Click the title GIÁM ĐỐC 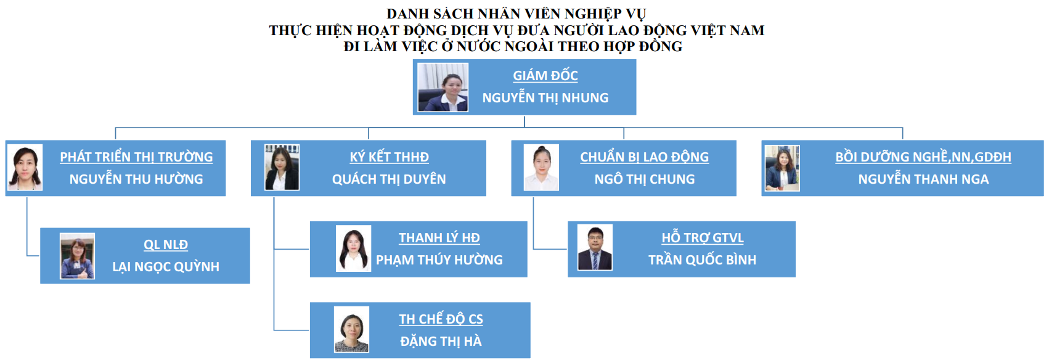pos(545,75)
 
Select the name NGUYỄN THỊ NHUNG pos(545,98)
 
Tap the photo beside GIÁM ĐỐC pos(443,87)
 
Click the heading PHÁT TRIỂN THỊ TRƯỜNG pos(136,157)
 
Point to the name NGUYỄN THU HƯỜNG pos(136,179)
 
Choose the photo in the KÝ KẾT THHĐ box pos(282,167)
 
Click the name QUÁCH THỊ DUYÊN pos(389,179)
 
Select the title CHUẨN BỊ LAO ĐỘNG pos(645,157)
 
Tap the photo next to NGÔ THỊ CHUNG pos(541,168)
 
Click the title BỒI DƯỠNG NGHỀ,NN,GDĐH pos(923,157)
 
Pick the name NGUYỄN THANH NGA pos(923,179)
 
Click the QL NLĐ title pos(166,244)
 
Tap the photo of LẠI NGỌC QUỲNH pos(77,256)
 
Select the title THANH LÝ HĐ pos(439,238)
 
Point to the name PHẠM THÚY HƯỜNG pos(439,260)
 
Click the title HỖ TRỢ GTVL pos(703,238)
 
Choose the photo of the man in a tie pos(595,247)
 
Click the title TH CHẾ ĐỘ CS pos(441,319)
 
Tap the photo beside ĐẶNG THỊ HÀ pos(351,329)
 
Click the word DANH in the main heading pos(407,14)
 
